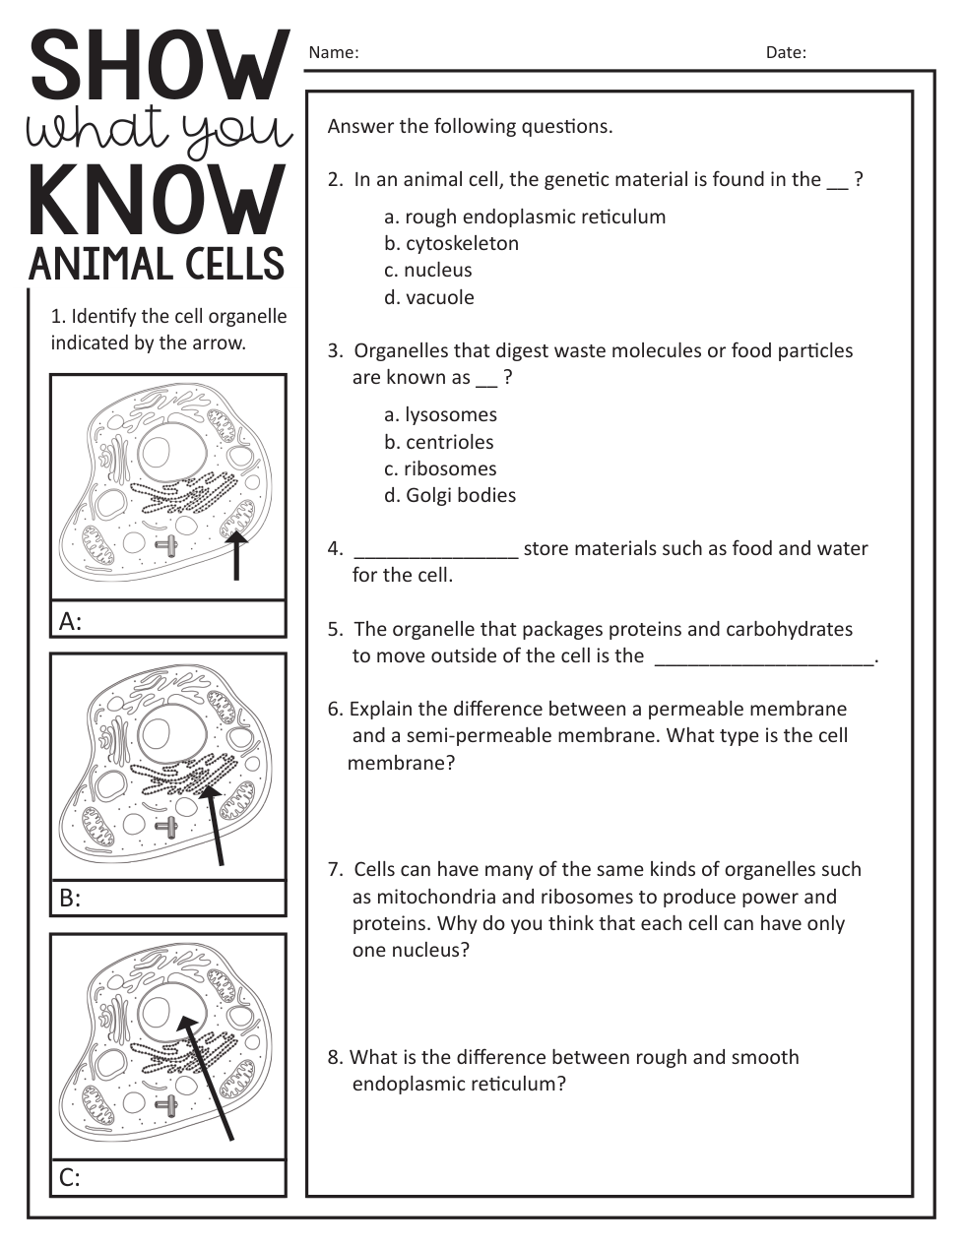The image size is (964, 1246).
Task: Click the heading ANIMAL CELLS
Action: coord(157,264)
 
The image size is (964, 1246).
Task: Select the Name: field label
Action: coord(333,53)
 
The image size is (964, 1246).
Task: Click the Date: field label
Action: coord(785,53)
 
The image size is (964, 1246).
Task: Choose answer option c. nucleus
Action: coord(427,270)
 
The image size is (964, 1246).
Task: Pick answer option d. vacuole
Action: coord(428,297)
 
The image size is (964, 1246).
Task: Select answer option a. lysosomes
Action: coord(440,414)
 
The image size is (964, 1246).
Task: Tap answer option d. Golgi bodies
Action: coord(449,495)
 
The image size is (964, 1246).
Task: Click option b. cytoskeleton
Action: coord(451,243)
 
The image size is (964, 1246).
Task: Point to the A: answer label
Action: coord(70,621)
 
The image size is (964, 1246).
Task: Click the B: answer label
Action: coord(70,898)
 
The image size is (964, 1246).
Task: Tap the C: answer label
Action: coord(70,1177)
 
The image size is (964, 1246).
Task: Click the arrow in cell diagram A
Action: coord(235,556)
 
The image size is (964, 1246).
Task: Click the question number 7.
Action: coord(335,870)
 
